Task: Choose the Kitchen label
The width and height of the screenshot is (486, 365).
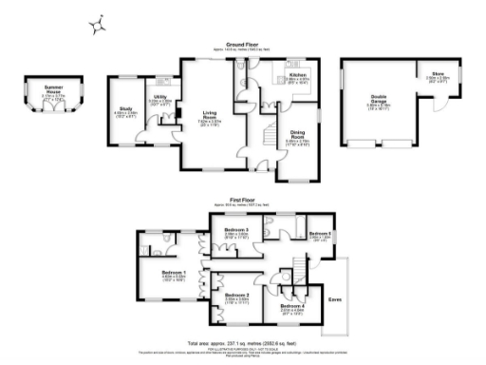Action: point(298,73)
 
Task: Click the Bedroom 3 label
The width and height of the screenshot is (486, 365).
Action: point(236,231)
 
